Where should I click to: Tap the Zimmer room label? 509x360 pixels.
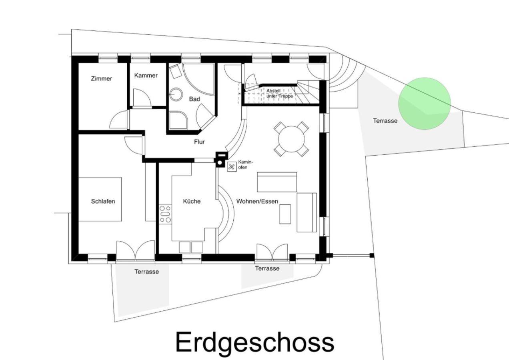101,79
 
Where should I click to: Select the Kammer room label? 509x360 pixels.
146,76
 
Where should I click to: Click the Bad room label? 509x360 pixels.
194,99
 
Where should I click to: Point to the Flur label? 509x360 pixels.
199,142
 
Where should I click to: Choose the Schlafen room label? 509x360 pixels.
103,201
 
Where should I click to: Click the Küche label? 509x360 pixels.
192,201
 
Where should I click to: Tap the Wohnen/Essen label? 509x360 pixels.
257,201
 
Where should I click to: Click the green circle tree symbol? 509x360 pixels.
425,104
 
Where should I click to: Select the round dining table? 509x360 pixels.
291,139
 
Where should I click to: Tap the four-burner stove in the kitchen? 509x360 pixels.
165,214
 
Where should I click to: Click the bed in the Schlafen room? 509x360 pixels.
100,199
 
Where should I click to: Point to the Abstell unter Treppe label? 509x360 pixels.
279,94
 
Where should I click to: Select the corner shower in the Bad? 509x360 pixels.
177,120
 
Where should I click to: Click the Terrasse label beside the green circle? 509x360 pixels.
385,120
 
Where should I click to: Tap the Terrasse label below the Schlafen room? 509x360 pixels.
146,272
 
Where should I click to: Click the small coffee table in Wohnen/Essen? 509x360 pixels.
285,214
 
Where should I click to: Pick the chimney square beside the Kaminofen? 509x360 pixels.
220,159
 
